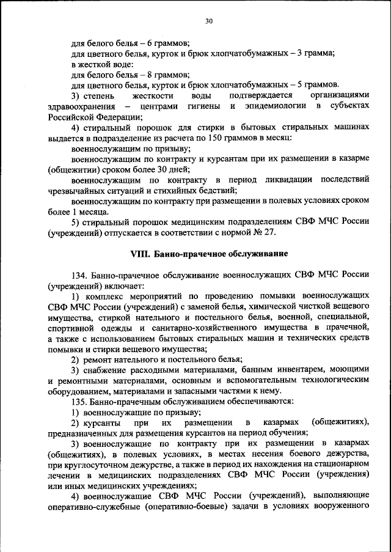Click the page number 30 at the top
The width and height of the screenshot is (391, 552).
(208, 21)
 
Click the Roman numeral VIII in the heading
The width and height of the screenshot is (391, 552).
(140, 253)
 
